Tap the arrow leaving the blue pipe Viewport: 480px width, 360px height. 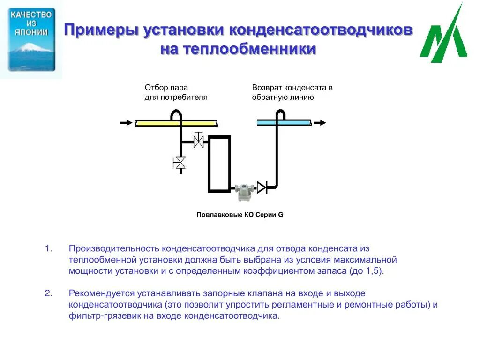pyautogui.click(x=320, y=123)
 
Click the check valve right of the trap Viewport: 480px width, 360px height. pyautogui.click(x=262, y=187)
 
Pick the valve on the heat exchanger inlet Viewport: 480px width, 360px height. pyautogui.click(x=199, y=140)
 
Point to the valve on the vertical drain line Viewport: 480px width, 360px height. pyautogui.click(x=180, y=163)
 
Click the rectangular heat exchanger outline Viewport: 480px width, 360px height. pyautogui.click(x=219, y=164)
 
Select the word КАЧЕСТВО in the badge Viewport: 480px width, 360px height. pyautogui.click(x=31, y=15)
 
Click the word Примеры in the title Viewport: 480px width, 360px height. pyautogui.click(x=100, y=31)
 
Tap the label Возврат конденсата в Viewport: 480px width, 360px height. pyautogui.click(x=292, y=88)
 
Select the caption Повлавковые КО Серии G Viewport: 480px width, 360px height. pyautogui.click(x=240, y=215)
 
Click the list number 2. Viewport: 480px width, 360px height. pyautogui.click(x=48, y=293)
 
